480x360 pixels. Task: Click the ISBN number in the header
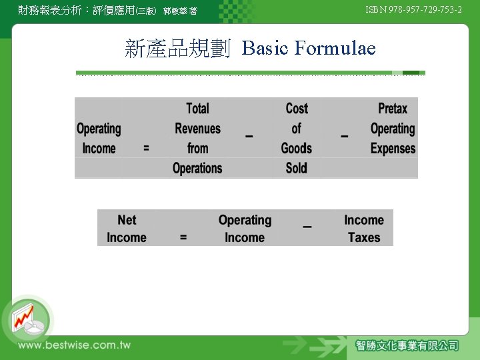(x=413, y=9)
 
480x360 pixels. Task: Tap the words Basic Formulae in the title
(x=309, y=48)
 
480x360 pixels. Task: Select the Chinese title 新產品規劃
(x=177, y=48)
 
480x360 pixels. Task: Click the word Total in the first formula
(x=197, y=109)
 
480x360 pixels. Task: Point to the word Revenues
(x=197, y=129)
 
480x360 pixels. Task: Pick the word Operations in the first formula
(x=197, y=168)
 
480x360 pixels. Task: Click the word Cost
(x=297, y=109)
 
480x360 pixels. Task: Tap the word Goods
(x=297, y=149)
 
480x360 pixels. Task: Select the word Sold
(x=297, y=168)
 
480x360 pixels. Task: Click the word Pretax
(x=393, y=109)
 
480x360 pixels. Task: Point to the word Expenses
(x=393, y=149)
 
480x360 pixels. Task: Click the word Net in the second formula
(x=127, y=220)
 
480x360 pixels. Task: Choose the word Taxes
(x=364, y=237)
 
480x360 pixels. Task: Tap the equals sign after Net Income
(x=183, y=237)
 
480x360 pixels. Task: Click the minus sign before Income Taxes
(x=307, y=227)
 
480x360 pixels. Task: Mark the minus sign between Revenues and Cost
(x=249, y=136)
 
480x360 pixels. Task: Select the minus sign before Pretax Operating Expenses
(x=345, y=136)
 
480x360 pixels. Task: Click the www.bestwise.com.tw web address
(x=74, y=345)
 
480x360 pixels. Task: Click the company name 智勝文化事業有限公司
(x=407, y=345)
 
